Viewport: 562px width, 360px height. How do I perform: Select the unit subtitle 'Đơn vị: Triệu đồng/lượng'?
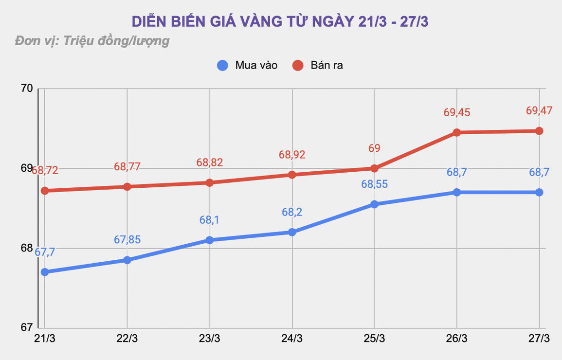[x=92, y=40]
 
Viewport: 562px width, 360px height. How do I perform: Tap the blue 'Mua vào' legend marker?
[x=222, y=65]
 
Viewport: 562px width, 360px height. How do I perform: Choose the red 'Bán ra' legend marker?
[x=298, y=65]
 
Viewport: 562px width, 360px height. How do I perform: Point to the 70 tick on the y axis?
[x=27, y=89]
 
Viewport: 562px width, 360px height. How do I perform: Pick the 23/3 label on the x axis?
[x=210, y=339]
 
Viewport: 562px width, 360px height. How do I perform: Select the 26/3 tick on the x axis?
[x=457, y=339]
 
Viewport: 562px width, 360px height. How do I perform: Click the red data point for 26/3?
[x=457, y=132]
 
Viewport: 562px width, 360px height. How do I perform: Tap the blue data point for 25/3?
[x=374, y=204]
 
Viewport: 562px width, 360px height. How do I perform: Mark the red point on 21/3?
[x=45, y=191]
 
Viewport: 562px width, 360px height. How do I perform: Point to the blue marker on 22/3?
[x=127, y=260]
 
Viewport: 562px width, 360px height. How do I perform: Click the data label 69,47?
[x=539, y=111]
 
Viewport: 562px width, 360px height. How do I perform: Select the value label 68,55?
[x=374, y=184]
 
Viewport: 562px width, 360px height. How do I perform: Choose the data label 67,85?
[x=127, y=240]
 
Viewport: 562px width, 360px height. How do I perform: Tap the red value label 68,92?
[x=292, y=155]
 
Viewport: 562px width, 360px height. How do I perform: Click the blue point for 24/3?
[x=292, y=232]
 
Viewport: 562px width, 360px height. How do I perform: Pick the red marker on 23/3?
[x=210, y=182]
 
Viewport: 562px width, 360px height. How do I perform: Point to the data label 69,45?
[x=457, y=112]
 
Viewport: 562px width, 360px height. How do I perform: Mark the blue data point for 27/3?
[x=539, y=192]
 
